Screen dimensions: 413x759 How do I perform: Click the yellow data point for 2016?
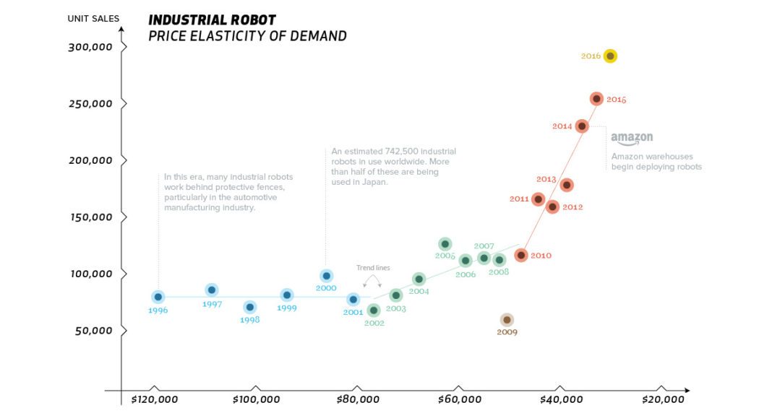(610, 56)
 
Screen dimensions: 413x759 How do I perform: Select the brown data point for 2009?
(507, 320)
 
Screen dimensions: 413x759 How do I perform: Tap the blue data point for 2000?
(326, 276)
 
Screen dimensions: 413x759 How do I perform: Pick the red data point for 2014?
(581, 126)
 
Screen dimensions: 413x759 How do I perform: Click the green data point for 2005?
(445, 244)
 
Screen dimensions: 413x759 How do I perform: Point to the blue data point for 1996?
(158, 297)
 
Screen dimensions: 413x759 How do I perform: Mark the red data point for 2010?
(520, 255)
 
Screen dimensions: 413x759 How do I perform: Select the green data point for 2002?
(373, 310)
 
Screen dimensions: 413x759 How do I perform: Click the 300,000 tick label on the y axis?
(90, 47)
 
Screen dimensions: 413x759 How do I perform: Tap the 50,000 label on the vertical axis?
(93, 331)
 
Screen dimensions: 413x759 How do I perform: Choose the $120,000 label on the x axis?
(155, 399)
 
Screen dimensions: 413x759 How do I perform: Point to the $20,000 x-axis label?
(662, 399)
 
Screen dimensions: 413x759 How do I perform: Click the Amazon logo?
(631, 138)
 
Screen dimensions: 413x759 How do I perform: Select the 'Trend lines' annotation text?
(373, 268)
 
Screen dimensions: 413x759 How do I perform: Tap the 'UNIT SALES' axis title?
(93, 18)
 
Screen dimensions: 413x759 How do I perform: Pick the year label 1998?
(249, 320)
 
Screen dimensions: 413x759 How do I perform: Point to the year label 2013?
(546, 179)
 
